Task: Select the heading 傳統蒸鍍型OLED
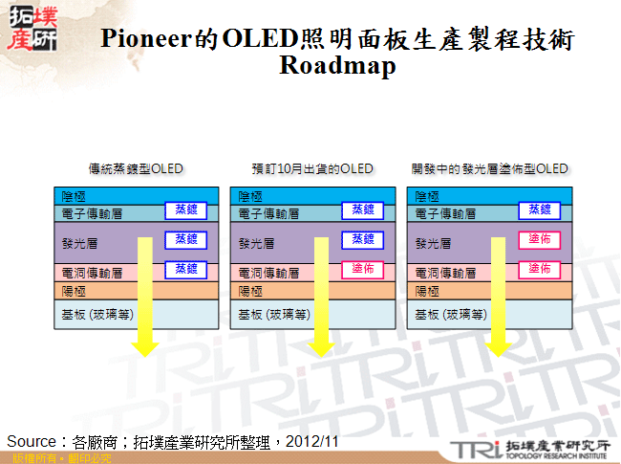[136, 168]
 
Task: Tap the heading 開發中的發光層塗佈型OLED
[489, 168]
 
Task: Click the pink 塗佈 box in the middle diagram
[362, 270]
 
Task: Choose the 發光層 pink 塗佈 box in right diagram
[539, 239]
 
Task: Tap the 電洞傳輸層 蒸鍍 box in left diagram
[185, 270]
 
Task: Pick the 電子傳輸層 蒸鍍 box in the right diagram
[539, 210]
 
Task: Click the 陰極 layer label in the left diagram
[75, 196]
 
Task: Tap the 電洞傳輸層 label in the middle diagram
[268, 273]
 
